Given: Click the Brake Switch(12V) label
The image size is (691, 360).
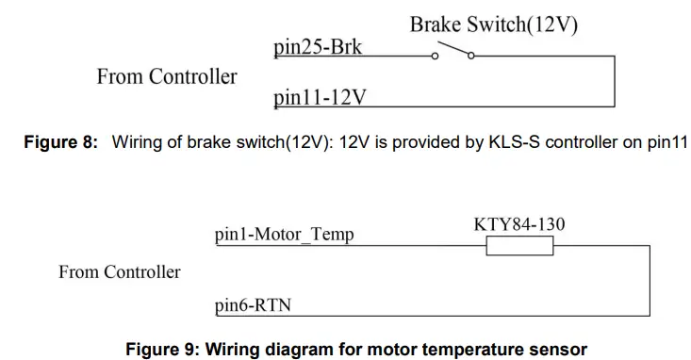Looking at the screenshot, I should coord(494,25).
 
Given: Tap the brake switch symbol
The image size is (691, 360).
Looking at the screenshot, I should coord(452,52).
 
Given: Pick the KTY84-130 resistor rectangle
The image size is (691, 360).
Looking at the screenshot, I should coord(519,247).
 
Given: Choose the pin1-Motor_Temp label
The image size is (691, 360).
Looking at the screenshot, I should coord(285,235).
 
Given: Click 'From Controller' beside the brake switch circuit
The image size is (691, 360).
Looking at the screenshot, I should coord(167,76).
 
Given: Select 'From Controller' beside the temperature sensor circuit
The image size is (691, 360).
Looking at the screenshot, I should coord(120,272).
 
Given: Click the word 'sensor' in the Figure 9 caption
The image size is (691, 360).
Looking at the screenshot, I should coord(561,350).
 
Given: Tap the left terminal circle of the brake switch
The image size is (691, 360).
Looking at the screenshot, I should coord(435,57).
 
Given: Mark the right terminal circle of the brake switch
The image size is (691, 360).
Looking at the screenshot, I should coord(471,57).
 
